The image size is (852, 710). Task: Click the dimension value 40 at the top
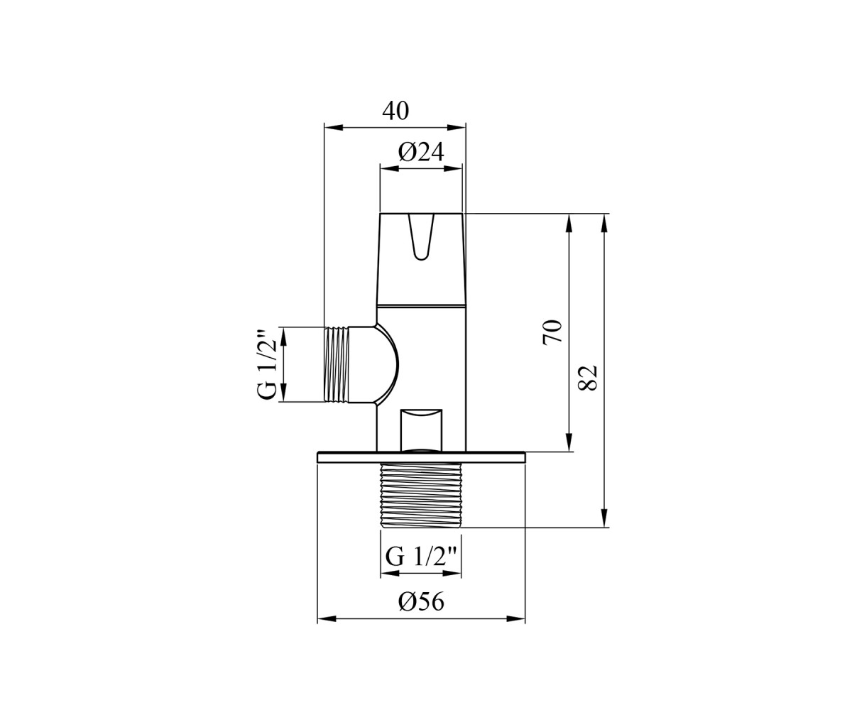tap(395, 111)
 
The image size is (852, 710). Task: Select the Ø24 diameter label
tap(421, 153)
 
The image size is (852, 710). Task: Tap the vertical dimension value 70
tap(552, 332)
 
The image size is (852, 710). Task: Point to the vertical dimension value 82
tap(588, 378)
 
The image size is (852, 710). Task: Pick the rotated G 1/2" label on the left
tap(267, 364)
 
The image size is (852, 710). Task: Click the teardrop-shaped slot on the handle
tap(421, 237)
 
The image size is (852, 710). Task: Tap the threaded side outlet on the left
tap(337, 364)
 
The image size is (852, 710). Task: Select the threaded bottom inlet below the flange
tap(421, 495)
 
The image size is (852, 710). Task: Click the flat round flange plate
tap(421, 457)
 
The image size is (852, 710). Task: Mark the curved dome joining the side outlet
tap(387, 364)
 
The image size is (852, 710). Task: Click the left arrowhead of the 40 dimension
tap(333, 128)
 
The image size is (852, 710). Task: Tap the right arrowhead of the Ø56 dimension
tap(516, 619)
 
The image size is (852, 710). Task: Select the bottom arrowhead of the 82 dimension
tap(605, 518)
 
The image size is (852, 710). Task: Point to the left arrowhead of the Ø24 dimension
tap(389, 168)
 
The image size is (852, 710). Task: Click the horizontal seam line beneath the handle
tap(421, 305)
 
